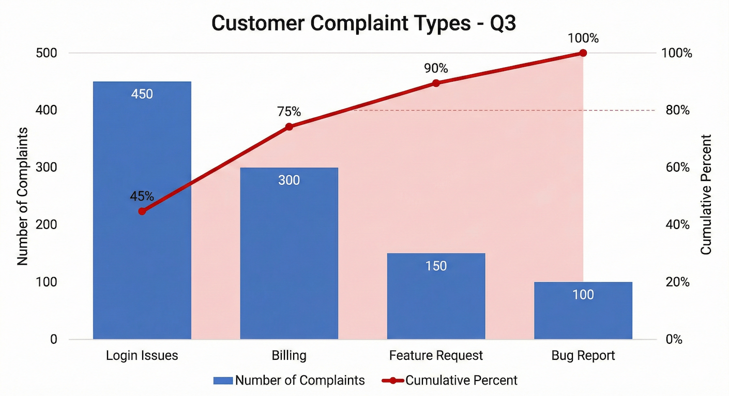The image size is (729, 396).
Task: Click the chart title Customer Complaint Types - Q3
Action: [x=364, y=23]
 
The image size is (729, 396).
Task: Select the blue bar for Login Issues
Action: [x=142, y=258]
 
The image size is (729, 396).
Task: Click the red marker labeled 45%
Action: [x=142, y=211]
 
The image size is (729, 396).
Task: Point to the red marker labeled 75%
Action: [x=289, y=127]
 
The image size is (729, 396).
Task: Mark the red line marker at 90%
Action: [x=436, y=83]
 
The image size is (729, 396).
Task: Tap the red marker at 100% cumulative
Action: [x=583, y=53]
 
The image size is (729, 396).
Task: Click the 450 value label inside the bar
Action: [x=142, y=94]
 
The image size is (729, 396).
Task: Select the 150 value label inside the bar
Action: [x=436, y=266]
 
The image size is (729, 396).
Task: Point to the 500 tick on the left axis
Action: [x=47, y=53]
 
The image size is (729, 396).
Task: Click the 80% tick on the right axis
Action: [x=677, y=111]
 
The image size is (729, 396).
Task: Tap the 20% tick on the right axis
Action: [x=677, y=282]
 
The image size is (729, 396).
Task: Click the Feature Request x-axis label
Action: [x=436, y=356]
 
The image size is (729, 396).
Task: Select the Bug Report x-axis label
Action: [x=583, y=356]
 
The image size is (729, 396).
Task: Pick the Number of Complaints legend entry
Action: [x=290, y=381]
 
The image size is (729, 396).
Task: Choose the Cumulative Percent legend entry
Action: [x=450, y=381]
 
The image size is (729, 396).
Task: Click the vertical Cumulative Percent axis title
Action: [x=706, y=194]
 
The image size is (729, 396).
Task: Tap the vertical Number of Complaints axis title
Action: [x=23, y=196]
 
